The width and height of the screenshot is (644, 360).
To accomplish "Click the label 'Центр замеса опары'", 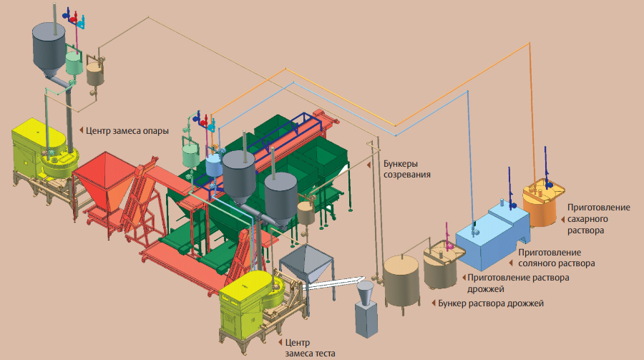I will [127, 130].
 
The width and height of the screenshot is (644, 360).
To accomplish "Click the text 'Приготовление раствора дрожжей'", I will [518, 283].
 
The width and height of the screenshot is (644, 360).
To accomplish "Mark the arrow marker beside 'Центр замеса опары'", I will [80, 130].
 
